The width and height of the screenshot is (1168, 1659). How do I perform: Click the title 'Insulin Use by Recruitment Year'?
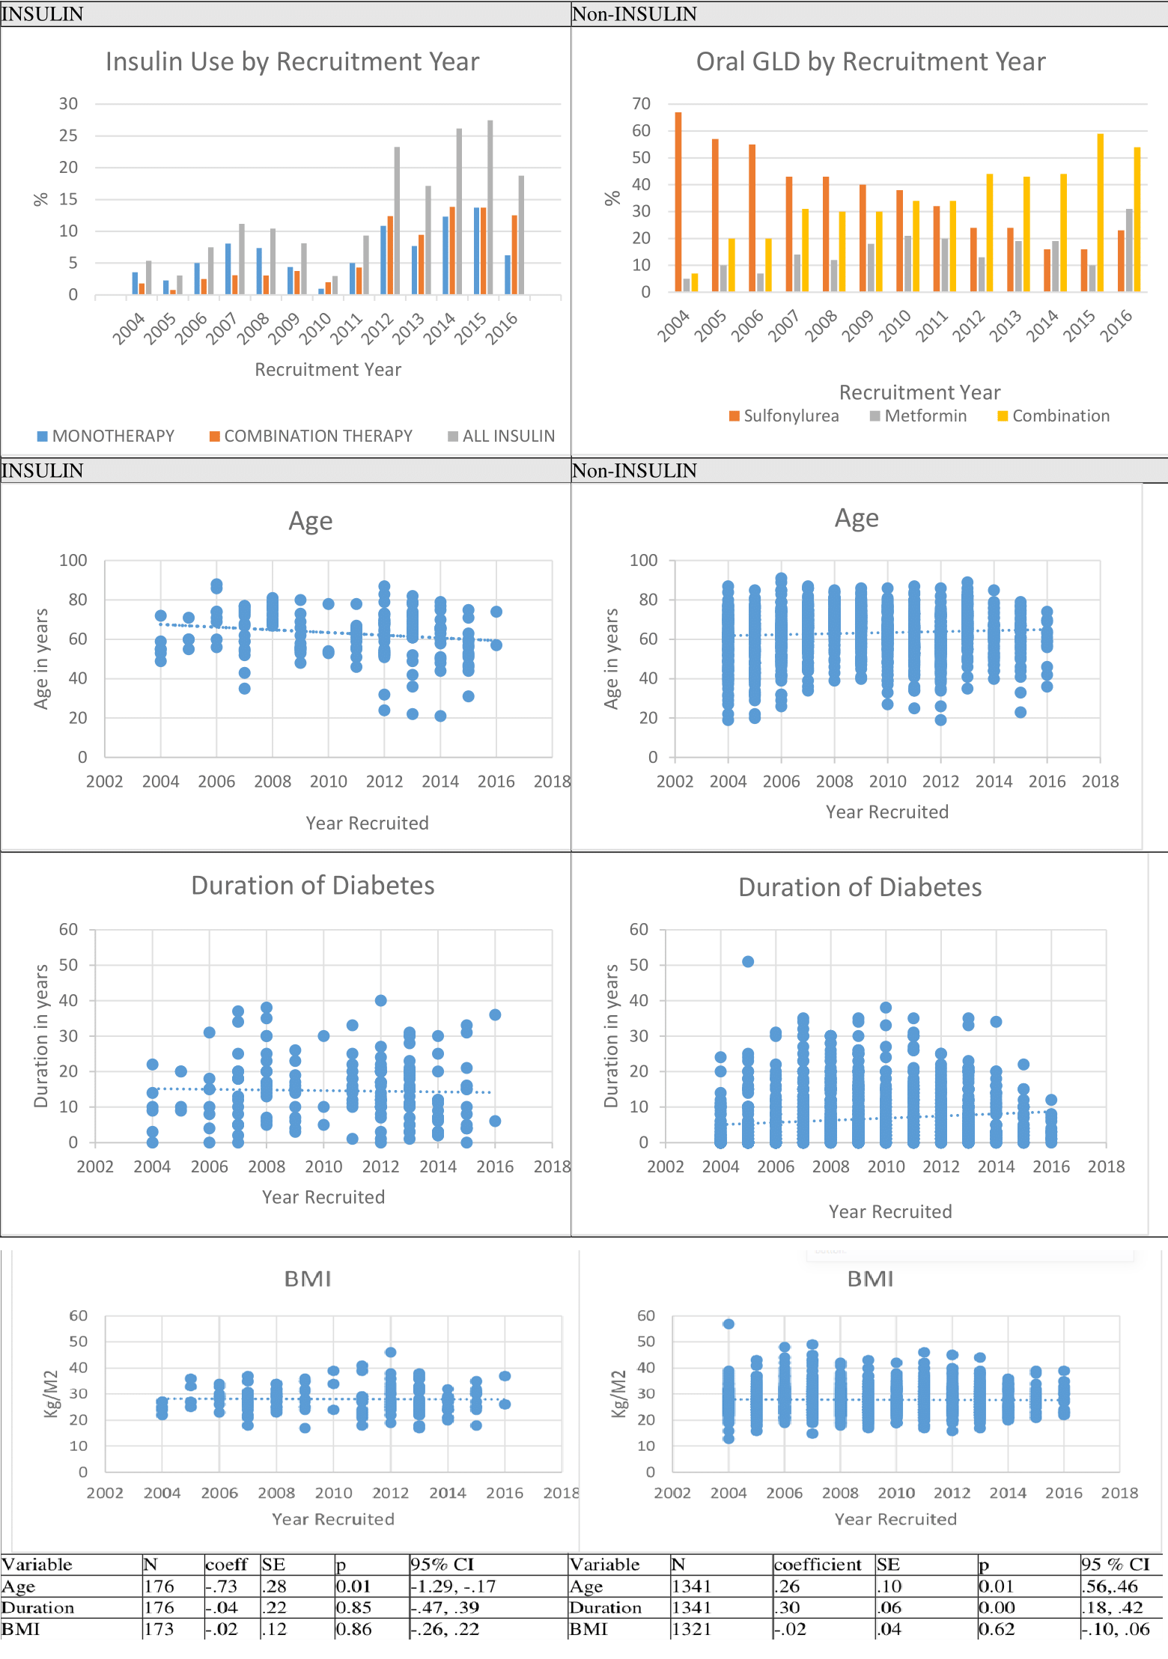[x=292, y=62]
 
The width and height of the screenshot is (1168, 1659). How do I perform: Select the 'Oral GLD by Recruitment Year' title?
[x=870, y=62]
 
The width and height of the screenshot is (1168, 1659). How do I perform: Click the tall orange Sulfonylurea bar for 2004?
[x=678, y=202]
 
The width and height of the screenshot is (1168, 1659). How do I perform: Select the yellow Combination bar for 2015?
[x=1101, y=213]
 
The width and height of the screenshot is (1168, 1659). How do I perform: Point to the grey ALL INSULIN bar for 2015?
[x=490, y=207]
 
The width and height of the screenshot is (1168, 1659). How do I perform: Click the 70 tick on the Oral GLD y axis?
[x=642, y=104]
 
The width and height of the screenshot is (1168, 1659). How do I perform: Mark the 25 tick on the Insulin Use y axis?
[x=68, y=136]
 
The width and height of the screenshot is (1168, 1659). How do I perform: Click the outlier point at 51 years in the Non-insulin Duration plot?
[x=748, y=962]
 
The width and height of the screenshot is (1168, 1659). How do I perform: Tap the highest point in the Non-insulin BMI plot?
[x=729, y=1324]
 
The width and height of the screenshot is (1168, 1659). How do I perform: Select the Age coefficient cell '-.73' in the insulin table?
[x=222, y=1586]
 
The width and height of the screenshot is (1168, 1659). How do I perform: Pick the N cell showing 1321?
[x=692, y=1629]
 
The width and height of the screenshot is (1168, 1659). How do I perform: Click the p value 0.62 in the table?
[x=997, y=1629]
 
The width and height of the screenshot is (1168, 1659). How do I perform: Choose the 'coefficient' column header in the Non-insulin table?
[x=818, y=1565]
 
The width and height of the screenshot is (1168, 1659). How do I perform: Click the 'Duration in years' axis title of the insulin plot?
[x=41, y=1036]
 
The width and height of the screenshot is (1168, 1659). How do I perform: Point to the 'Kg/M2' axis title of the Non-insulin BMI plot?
[x=619, y=1394]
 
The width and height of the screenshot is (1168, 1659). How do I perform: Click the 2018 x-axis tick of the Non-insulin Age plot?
[x=1100, y=782]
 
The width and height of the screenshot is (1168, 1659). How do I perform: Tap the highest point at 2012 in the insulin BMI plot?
[x=390, y=1353]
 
